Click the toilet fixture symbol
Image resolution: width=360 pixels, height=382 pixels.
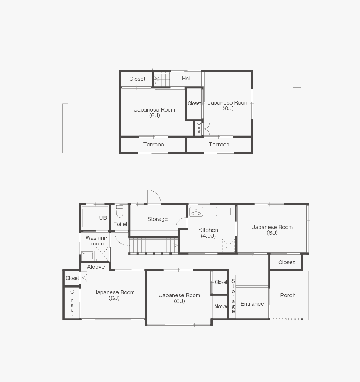[119, 211]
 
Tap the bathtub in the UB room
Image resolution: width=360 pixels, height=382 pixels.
[88, 218]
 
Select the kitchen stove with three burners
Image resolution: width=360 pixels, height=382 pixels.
[196, 212]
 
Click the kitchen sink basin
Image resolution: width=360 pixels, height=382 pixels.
[223, 211]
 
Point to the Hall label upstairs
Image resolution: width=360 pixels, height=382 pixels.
[187, 79]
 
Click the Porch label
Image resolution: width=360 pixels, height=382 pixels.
[288, 295]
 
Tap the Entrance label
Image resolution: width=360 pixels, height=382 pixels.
[252, 304]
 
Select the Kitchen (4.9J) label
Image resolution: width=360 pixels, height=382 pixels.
[208, 233]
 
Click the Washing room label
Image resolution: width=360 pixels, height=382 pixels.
[96, 241]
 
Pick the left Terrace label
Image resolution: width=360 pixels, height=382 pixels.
[154, 145]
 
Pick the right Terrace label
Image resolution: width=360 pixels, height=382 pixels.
[219, 145]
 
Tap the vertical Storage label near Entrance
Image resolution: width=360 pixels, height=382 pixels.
[233, 296]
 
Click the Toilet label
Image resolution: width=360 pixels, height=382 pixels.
[120, 224]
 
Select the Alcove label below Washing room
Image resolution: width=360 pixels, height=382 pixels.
[96, 267]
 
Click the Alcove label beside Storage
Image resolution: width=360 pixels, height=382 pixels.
[220, 306]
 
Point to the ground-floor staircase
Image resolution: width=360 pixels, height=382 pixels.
[154, 246]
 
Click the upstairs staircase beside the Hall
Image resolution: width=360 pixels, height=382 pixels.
[162, 79]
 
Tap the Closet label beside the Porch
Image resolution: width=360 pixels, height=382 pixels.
[287, 262]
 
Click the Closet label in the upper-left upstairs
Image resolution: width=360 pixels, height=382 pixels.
[137, 79]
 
